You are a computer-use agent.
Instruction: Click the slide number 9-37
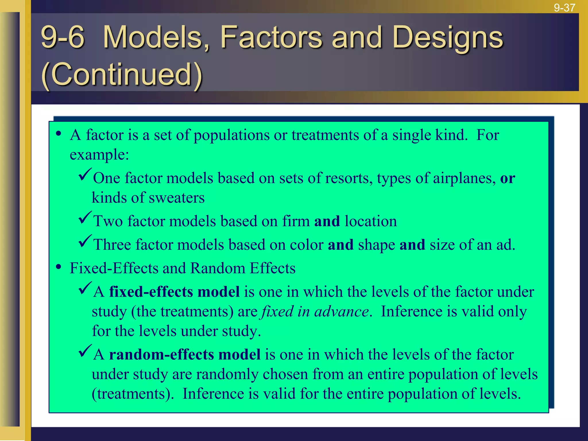pyautogui.click(x=564, y=7)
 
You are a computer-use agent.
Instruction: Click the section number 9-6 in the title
pyautogui.click(x=63, y=37)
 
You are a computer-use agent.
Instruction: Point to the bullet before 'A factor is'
pyautogui.click(x=59, y=134)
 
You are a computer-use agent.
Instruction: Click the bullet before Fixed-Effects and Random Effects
pyautogui.click(x=59, y=267)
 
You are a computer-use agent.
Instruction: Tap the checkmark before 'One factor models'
pyautogui.click(x=85, y=175)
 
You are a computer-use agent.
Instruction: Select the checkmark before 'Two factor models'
pyautogui.click(x=85, y=218)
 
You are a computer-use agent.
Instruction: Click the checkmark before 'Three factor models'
pyautogui.click(x=85, y=241)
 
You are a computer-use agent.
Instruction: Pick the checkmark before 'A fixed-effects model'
pyautogui.click(x=85, y=288)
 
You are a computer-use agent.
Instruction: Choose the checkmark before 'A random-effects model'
pyautogui.click(x=85, y=351)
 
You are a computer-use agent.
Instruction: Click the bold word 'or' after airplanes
pyautogui.click(x=508, y=179)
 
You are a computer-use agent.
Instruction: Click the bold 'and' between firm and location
pyautogui.click(x=327, y=221)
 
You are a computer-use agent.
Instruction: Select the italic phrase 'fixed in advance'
pyautogui.click(x=314, y=312)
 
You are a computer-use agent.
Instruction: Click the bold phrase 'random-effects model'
pyautogui.click(x=185, y=355)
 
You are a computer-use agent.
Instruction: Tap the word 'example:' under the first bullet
pyautogui.click(x=99, y=155)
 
